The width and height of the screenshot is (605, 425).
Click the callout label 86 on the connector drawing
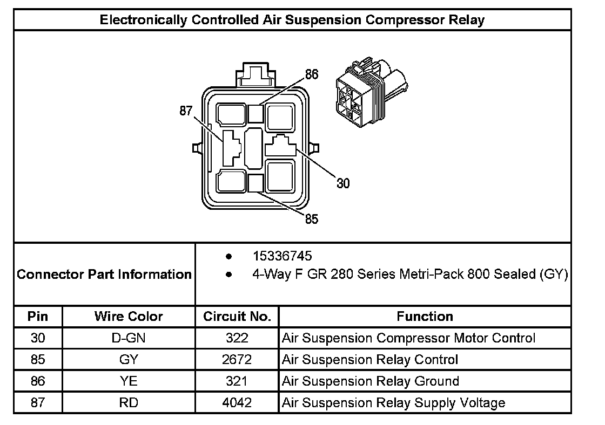tap(312, 74)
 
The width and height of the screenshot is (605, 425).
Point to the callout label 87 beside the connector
tap(186, 111)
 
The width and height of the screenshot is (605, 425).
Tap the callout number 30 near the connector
tap(343, 183)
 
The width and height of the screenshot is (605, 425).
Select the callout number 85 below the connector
tap(312, 219)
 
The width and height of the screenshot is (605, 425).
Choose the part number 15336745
tap(283, 256)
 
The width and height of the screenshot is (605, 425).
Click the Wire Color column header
tap(129, 317)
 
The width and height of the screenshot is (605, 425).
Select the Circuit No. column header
tap(237, 317)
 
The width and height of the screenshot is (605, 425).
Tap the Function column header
tap(425, 317)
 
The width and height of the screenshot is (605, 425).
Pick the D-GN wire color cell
tap(129, 338)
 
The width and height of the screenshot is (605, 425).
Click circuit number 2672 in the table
tap(237, 360)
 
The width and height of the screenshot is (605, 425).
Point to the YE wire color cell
tap(129, 381)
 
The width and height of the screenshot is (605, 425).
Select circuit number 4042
tap(237, 403)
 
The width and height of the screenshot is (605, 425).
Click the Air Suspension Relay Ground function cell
tap(371, 381)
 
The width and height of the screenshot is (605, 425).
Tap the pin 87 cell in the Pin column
tap(38, 403)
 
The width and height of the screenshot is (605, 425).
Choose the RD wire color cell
tap(129, 403)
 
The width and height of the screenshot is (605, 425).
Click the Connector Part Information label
tap(104, 274)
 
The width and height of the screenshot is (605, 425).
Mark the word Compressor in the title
tap(405, 19)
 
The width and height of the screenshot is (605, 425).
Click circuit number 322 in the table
tap(237, 338)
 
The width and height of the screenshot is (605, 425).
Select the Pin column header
tap(38, 317)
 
